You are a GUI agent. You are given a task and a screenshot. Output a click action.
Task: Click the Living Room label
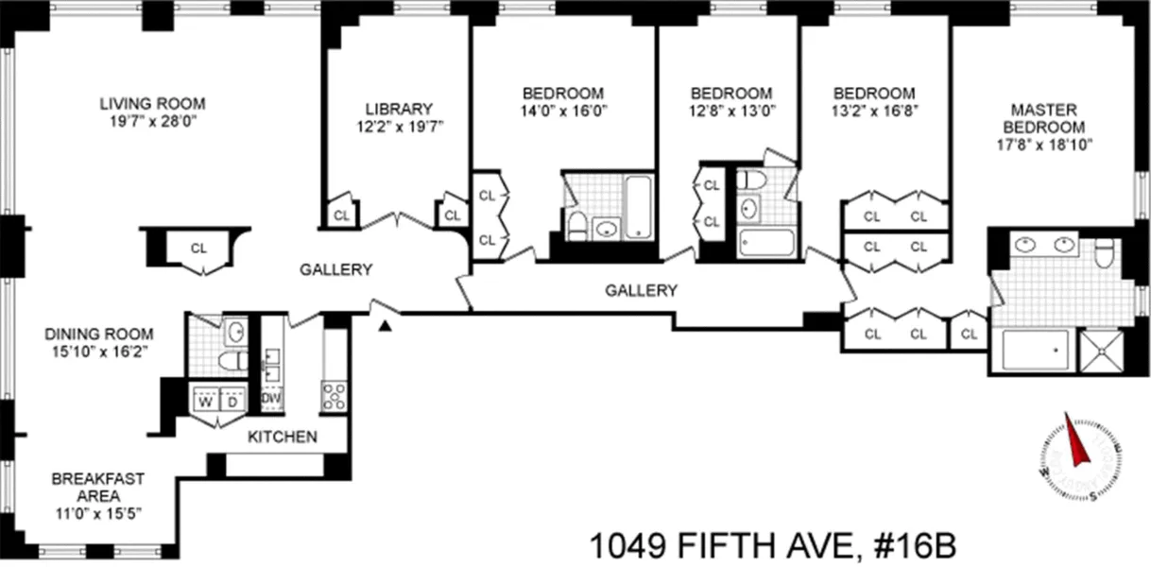click(x=152, y=103)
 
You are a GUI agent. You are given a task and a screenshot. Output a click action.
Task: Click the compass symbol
click(x=1080, y=458)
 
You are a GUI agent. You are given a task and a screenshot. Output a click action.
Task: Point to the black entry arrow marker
click(x=386, y=326)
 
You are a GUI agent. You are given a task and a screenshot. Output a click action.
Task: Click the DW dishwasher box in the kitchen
click(x=272, y=399)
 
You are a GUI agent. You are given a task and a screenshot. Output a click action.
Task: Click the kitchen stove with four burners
click(x=335, y=395)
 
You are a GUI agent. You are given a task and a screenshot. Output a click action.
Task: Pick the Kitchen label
click(x=283, y=438)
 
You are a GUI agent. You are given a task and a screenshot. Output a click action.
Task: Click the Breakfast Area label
click(x=98, y=488)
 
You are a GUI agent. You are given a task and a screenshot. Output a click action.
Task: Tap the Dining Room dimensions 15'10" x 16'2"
click(x=98, y=352)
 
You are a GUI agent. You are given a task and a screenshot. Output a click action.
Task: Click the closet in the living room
click(x=198, y=249)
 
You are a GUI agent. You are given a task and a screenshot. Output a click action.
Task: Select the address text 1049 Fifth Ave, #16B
click(x=774, y=545)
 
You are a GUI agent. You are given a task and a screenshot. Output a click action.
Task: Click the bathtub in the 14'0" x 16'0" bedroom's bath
click(x=639, y=206)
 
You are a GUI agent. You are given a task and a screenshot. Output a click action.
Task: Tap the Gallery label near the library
click(x=335, y=269)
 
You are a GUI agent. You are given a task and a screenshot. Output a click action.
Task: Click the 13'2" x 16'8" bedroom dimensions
click(x=873, y=111)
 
